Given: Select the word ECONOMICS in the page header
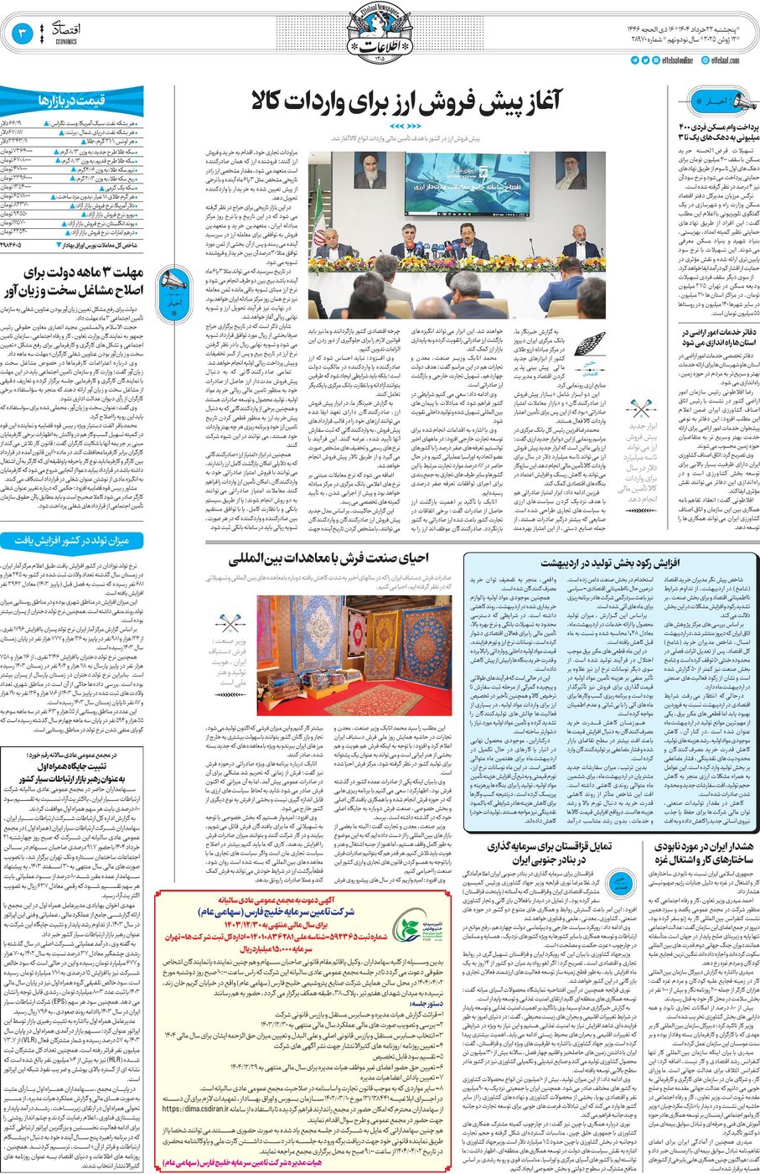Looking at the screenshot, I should click(x=66, y=42).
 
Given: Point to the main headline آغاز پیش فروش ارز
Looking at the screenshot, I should click(x=405, y=102).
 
